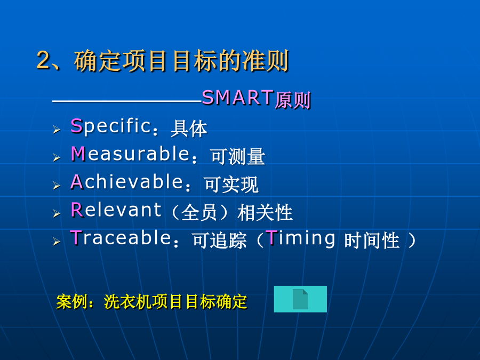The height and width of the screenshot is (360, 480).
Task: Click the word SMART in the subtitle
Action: (238, 98)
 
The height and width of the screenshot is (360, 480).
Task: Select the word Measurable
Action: (131, 154)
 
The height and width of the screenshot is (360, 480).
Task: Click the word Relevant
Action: (116, 210)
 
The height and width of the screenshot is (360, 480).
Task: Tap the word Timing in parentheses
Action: (300, 238)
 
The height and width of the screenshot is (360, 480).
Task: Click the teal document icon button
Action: (300, 299)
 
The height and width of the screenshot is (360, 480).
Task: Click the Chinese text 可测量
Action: (237, 157)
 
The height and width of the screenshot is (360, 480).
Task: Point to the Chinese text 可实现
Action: (231, 185)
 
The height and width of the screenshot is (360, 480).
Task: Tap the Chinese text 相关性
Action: (265, 213)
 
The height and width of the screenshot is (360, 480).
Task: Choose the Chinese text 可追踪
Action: (220, 241)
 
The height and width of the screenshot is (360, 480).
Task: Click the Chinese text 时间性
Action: (372, 241)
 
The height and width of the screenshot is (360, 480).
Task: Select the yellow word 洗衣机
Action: (127, 302)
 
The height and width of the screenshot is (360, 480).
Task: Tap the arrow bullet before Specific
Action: (57, 130)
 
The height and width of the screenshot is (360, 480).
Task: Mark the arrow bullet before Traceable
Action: (57, 242)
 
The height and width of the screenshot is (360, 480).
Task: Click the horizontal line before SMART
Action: (127, 101)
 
